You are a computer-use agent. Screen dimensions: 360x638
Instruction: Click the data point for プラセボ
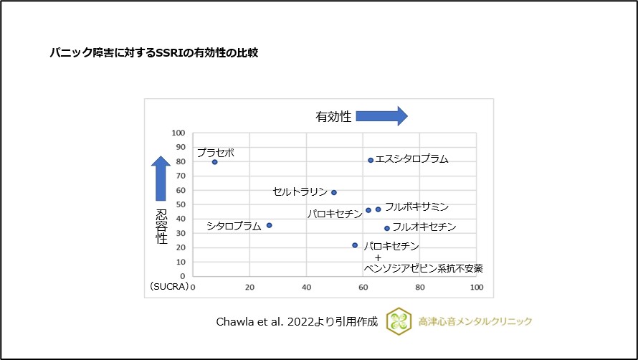214,162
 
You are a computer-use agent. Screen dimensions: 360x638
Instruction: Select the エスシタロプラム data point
371,160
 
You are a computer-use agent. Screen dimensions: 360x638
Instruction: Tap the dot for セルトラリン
334,192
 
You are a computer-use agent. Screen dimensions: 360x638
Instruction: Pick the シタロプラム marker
269,225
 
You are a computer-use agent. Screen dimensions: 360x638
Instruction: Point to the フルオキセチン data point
387,228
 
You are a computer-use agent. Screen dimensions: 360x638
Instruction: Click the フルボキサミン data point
378,209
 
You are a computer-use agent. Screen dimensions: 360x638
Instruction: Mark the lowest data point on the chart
355,245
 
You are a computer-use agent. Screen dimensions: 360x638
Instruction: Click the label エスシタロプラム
412,159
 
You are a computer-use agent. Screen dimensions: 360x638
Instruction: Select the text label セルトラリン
300,192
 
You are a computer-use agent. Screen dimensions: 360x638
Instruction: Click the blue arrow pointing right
381,116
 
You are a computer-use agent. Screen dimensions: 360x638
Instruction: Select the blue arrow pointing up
161,179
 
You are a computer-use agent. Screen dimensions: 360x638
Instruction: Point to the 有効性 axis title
333,116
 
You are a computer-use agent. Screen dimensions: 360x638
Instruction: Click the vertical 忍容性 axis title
161,227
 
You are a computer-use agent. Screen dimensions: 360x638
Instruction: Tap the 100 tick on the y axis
178,133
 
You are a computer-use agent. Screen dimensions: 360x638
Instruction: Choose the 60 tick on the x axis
363,287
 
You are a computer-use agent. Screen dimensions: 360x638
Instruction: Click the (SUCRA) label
169,287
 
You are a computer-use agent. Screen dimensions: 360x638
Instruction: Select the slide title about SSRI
153,52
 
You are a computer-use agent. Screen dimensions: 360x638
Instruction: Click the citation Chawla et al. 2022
296,321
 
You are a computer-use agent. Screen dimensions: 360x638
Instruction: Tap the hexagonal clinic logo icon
399,321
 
